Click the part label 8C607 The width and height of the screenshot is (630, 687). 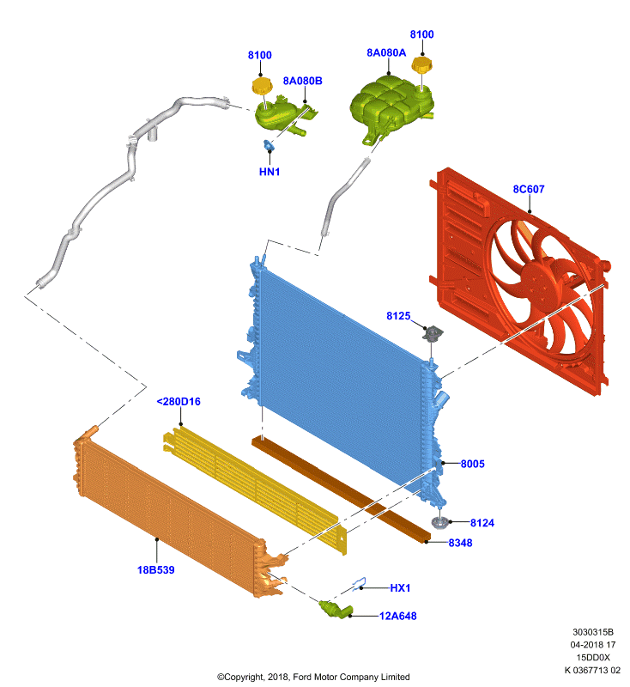529,189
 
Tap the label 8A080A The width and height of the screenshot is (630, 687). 386,52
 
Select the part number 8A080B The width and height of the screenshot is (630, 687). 302,81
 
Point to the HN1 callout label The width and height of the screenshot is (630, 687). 270,172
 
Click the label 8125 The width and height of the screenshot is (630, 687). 398,316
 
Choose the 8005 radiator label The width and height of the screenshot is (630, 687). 472,464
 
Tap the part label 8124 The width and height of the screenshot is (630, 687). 482,523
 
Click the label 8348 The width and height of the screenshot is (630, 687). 460,543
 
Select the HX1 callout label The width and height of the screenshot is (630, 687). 400,588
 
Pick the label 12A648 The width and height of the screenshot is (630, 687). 397,616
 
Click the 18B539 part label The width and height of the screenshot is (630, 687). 156,570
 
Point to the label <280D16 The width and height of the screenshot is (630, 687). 179,401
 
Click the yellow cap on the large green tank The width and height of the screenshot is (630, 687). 421,65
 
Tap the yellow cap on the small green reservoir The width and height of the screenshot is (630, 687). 262,85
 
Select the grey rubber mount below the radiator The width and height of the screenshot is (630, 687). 439,522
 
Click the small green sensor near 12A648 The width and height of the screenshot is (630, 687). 336,608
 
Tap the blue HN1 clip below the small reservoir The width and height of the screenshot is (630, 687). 268,145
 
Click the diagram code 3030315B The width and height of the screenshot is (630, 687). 593,632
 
